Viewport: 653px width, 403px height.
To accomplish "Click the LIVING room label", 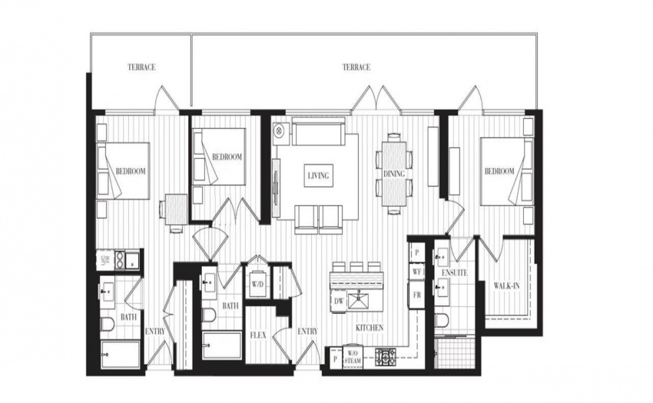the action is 318,175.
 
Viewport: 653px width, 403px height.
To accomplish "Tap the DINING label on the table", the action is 394,173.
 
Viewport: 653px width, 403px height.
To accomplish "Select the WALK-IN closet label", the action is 506,286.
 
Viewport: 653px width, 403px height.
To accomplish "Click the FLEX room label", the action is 258,335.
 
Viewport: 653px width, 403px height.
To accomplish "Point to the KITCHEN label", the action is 370,328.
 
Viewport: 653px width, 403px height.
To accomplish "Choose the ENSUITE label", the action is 454,273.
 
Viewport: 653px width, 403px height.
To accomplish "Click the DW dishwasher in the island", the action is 338,302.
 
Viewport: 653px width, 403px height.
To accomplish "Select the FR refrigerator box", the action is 416,295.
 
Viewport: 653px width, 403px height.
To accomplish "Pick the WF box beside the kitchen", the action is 416,272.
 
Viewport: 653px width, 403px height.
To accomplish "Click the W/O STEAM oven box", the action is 353,357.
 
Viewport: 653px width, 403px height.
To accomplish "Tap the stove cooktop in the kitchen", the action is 387,357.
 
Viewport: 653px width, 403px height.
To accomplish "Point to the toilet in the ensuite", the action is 441,321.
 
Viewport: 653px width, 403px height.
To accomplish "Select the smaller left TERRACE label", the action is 141,67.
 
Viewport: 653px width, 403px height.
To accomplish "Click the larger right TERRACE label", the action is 356,67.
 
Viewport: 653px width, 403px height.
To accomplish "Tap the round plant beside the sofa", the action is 279,130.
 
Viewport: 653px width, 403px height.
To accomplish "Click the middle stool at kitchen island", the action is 356,267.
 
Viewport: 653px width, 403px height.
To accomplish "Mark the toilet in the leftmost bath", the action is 108,324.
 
